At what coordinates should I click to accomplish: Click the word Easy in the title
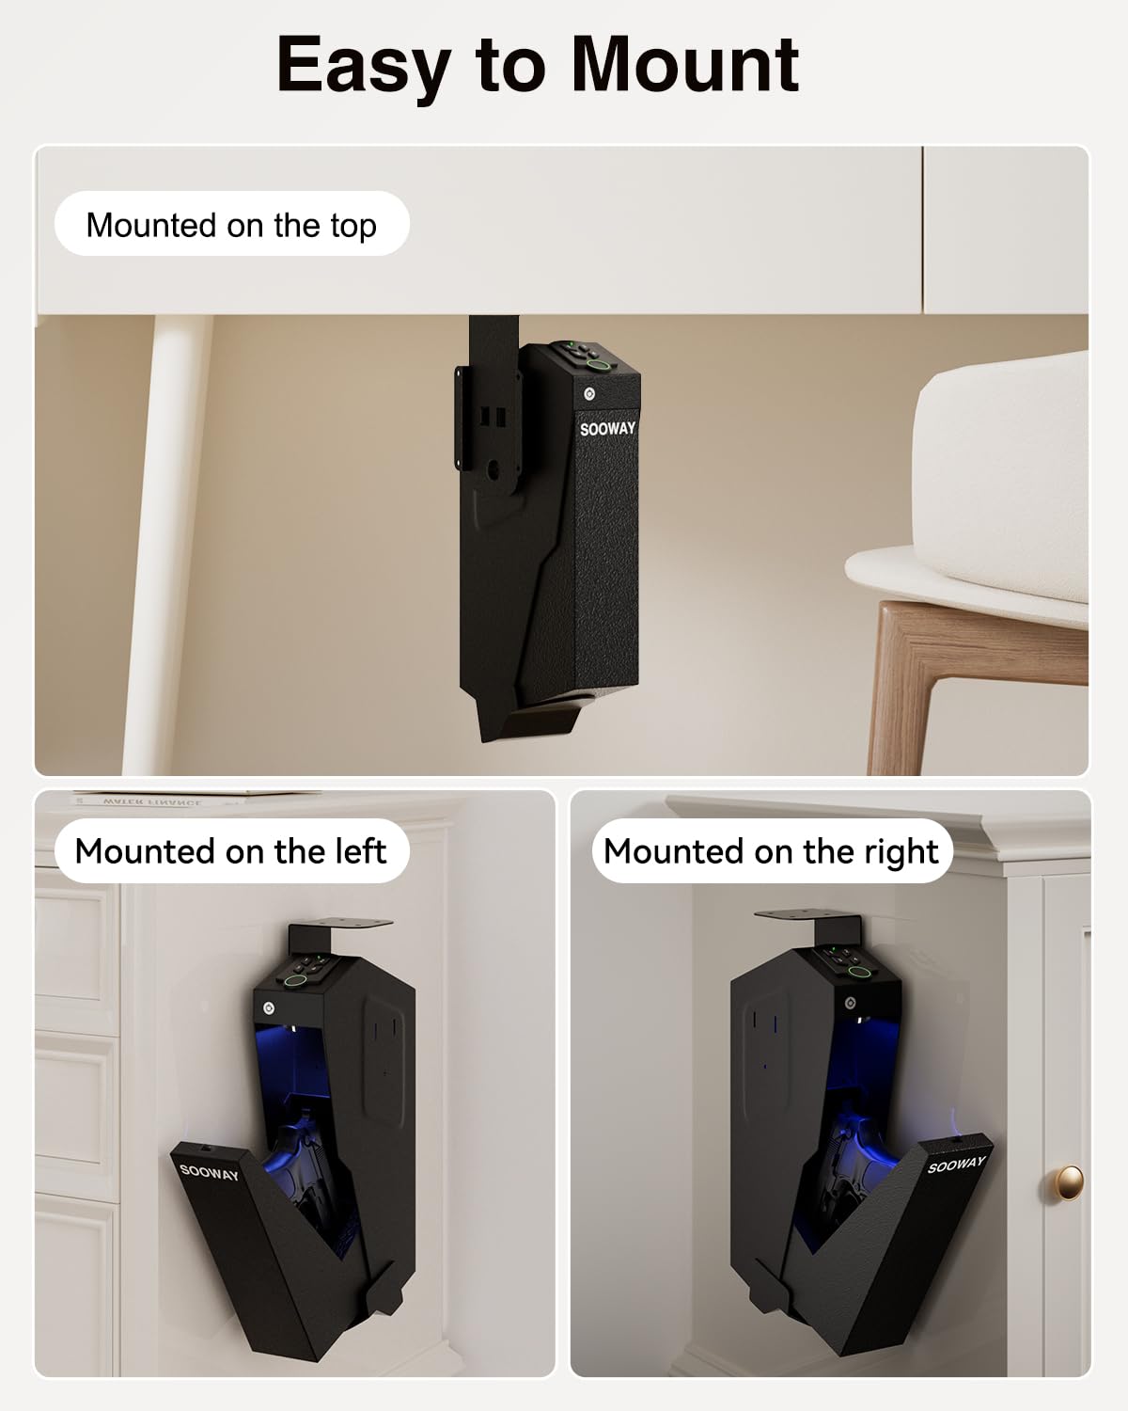[362, 66]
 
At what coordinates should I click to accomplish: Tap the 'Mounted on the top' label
[231, 225]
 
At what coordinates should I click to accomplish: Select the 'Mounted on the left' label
[230, 851]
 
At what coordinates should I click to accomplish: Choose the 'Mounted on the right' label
[771, 851]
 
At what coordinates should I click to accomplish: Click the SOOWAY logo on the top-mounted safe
[607, 429]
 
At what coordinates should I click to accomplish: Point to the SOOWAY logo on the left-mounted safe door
[209, 1171]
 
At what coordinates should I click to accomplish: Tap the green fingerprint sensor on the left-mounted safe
[296, 981]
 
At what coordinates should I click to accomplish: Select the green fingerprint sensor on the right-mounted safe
[857, 973]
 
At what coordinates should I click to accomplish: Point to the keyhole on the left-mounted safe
[270, 1008]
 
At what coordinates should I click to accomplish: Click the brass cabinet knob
[1069, 1181]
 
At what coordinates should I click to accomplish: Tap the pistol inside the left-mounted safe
[303, 1166]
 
